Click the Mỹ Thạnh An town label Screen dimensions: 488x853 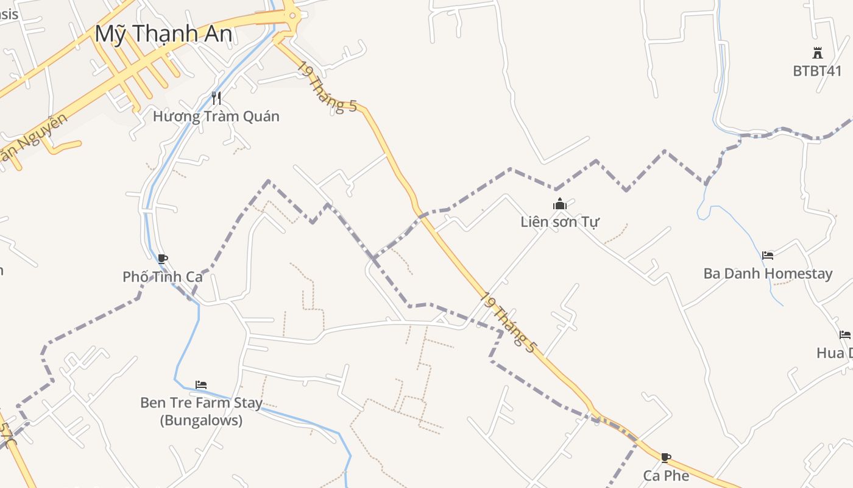(163, 34)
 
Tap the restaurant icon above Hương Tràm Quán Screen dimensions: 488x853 (216, 98)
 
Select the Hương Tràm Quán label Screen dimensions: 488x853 (216, 116)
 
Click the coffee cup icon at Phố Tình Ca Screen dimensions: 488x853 (162, 259)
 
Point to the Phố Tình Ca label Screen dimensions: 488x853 (162, 277)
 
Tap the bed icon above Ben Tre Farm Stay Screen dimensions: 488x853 (201, 385)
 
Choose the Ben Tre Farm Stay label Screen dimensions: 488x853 (201, 403)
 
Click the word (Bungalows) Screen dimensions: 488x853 (201, 420)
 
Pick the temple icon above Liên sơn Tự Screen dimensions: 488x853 (560, 204)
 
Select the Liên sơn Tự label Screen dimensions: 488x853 (560, 222)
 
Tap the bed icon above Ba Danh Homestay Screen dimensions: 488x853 (768, 256)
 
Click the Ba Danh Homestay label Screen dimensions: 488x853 (768, 273)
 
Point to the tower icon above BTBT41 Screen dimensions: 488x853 (817, 53)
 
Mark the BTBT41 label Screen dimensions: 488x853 (817, 71)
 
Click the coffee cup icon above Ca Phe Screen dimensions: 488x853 (666, 457)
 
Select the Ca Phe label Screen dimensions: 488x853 (666, 475)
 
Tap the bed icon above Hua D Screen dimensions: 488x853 (844, 335)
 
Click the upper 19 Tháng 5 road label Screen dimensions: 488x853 (327, 87)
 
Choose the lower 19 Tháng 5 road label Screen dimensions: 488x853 (508, 323)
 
